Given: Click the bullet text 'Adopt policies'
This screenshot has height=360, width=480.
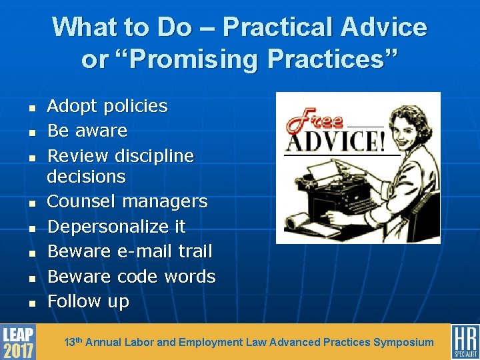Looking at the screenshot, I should click(x=107, y=106).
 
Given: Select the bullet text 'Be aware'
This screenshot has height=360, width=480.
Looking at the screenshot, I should click(x=87, y=131).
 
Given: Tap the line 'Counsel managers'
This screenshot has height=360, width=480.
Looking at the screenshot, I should click(x=127, y=201).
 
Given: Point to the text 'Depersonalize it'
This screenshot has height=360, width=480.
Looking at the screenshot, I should click(x=117, y=227).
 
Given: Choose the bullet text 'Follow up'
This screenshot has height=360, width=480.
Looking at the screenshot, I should click(x=88, y=301).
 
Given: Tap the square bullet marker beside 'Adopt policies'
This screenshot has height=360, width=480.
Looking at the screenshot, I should click(x=31, y=107).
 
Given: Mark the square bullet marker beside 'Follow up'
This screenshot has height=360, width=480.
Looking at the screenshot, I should click(x=31, y=303).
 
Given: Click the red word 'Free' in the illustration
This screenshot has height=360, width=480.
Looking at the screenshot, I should click(x=313, y=121).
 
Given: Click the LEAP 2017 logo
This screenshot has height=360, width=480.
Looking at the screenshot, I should click(x=18, y=342).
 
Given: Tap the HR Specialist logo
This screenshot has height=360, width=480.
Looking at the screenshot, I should click(x=465, y=342).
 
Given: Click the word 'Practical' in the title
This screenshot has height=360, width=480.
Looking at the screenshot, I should click(x=278, y=27).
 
